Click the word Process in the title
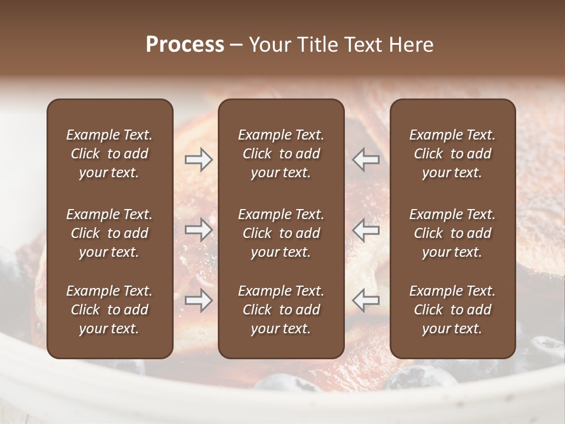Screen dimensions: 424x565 (185, 45)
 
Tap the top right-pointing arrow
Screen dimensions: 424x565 (198, 160)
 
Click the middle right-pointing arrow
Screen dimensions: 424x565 (198, 229)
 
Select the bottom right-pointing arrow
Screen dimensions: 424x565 (198, 300)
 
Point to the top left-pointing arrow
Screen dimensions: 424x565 (366, 160)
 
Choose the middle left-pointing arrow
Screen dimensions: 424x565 (366, 229)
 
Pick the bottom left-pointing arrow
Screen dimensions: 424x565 (366, 300)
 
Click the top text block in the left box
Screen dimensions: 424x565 (109, 154)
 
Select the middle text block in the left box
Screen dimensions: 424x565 (109, 233)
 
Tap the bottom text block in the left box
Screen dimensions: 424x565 (109, 310)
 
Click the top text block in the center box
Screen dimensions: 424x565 (281, 154)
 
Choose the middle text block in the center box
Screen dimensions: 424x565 (281, 233)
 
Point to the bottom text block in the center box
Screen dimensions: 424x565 (281, 310)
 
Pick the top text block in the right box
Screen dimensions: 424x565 (452, 154)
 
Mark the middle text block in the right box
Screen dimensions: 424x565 (452, 233)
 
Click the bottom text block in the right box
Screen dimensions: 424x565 (452, 310)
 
